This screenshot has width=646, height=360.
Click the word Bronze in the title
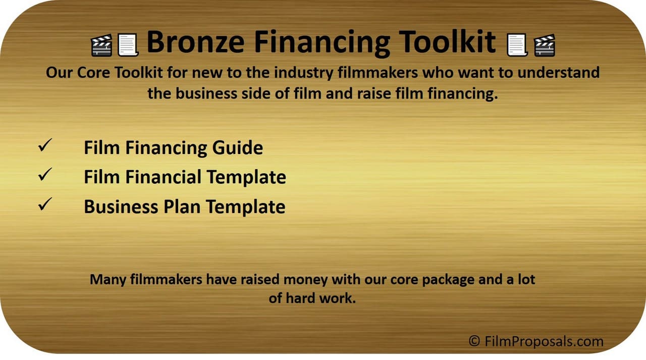[196, 42]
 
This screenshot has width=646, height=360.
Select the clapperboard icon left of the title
[101, 45]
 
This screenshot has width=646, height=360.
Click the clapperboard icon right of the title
[544, 45]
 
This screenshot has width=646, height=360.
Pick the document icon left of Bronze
[128, 45]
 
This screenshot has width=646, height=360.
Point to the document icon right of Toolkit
[517, 45]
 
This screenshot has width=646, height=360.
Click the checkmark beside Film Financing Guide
[45, 145]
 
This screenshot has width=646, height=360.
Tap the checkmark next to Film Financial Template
[45, 174]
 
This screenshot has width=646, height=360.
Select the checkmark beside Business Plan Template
[45, 204]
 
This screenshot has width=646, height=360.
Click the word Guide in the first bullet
[237, 148]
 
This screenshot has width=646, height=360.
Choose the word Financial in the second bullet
[163, 177]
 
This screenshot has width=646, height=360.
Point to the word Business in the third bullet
[121, 207]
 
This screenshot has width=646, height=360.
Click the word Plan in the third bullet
[182, 207]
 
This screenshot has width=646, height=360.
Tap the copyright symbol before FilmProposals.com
[474, 341]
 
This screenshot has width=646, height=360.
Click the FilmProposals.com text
[544, 341]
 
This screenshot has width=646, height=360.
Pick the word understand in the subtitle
[559, 72]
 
